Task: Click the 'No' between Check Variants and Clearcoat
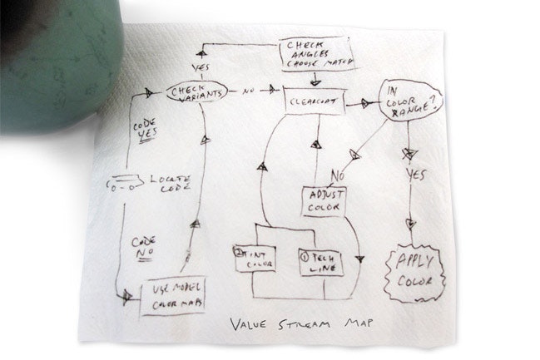click(x=247, y=91)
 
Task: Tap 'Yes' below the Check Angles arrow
click(x=201, y=66)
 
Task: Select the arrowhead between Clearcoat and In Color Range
click(x=367, y=104)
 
